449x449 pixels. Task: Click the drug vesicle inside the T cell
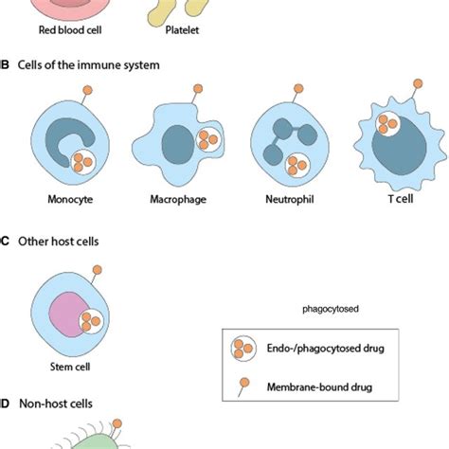point(387,124)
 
